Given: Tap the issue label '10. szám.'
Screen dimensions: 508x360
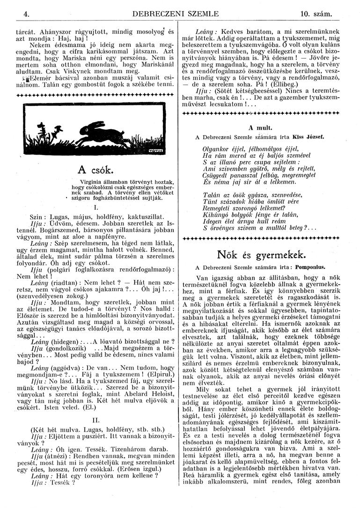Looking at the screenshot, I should pos(316,15).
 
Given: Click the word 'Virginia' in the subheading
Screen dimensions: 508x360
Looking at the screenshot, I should pos(94,182).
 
